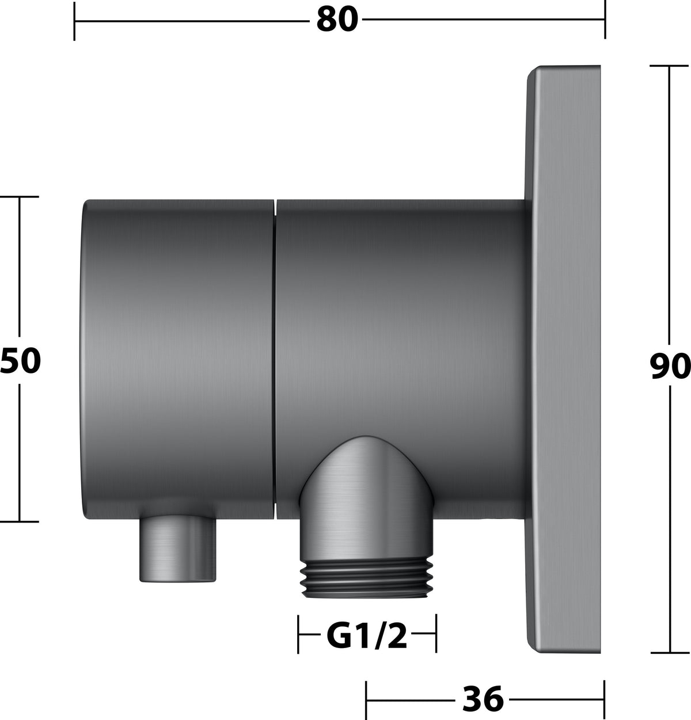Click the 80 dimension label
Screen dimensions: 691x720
[337, 20]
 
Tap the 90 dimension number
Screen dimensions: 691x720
[670, 366]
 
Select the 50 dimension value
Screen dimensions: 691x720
[20, 361]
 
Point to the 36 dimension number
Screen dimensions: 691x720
[483, 699]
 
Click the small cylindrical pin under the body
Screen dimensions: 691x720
[177, 548]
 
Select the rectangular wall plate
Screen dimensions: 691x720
[563, 360]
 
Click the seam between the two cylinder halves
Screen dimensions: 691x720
[275, 359]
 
